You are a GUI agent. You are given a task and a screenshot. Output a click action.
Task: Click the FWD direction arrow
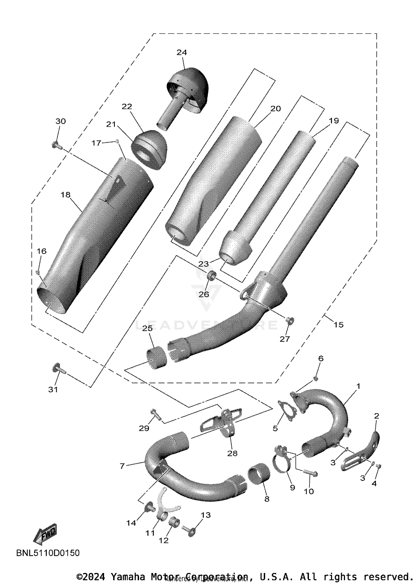45,534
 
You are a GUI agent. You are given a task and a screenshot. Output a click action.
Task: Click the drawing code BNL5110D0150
48,553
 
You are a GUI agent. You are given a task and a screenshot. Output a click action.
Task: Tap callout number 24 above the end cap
182,52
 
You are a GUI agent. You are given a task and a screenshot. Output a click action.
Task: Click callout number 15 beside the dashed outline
338,325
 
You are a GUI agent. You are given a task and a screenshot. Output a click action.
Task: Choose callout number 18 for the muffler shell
66,195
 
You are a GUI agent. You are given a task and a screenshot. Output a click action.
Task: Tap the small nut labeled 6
316,379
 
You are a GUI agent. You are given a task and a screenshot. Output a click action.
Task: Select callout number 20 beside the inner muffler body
275,109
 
